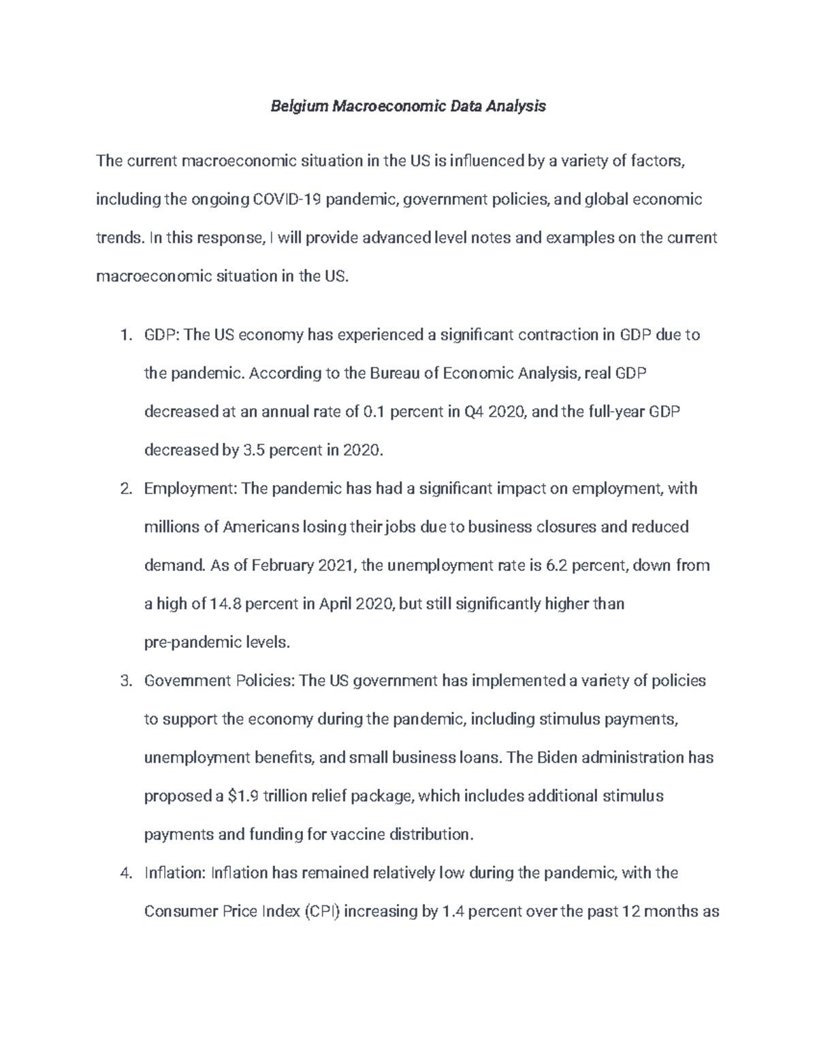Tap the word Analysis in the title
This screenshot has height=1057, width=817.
(515, 106)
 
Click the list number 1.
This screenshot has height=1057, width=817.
(124, 335)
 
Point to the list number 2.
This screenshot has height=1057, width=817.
(124, 489)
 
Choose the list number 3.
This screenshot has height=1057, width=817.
(124, 681)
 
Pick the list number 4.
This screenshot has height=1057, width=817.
(124, 873)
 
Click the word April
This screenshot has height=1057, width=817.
(336, 604)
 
